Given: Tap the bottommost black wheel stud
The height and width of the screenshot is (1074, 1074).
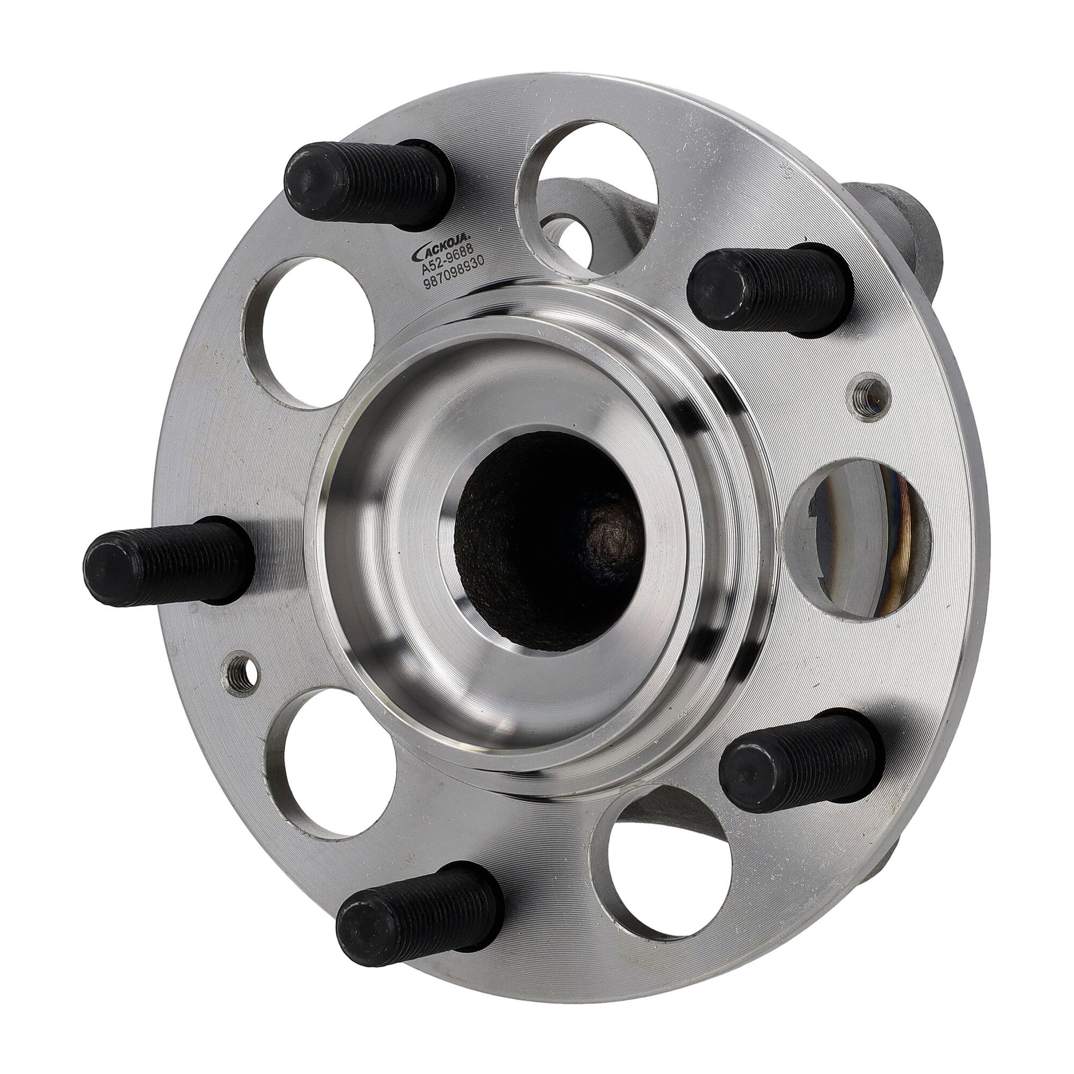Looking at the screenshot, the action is (x=420, y=928).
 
